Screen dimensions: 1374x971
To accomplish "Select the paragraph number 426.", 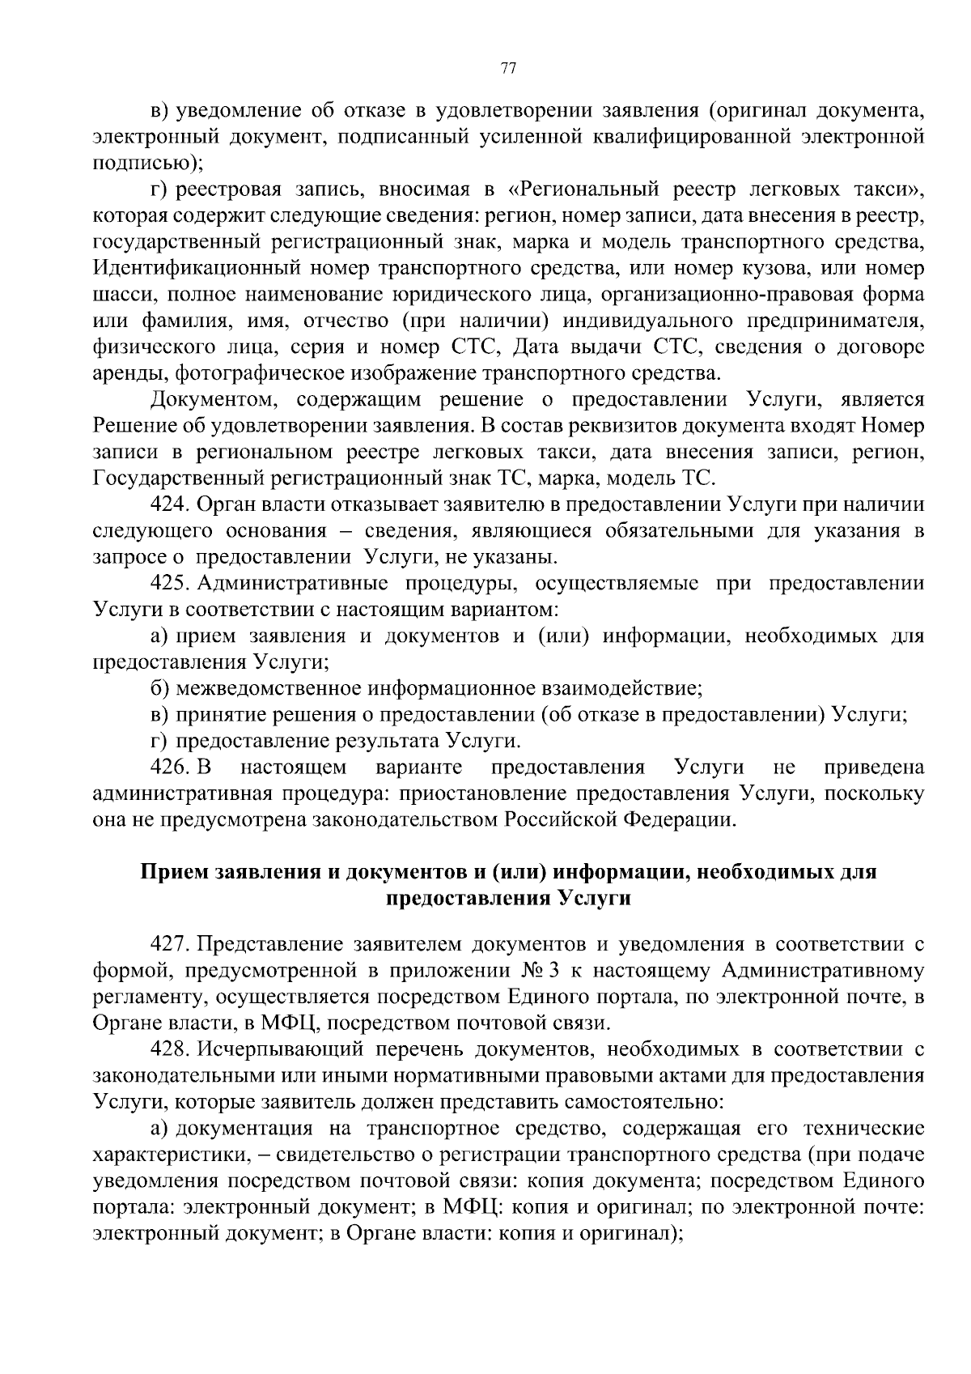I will point(169,767).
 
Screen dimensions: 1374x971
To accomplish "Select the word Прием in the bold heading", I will point(172,873).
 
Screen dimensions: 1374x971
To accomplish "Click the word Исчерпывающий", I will point(278,1050).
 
